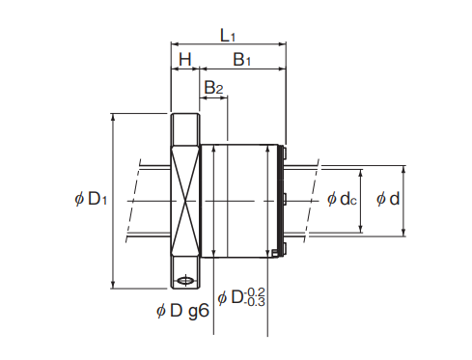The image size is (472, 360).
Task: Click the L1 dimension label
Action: coord(228,35)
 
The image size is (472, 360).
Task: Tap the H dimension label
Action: coord(185,60)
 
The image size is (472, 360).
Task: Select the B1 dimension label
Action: coord(241,60)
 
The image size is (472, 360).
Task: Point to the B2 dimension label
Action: coord(213,87)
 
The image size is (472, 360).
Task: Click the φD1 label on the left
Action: coord(91,199)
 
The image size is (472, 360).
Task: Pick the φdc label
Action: coord(342,199)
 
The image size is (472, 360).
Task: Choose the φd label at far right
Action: coord(388,199)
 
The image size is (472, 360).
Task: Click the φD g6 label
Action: coord(182,311)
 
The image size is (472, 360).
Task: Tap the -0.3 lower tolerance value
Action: coord(255,302)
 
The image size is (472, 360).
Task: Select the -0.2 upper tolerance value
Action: coord(255,292)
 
